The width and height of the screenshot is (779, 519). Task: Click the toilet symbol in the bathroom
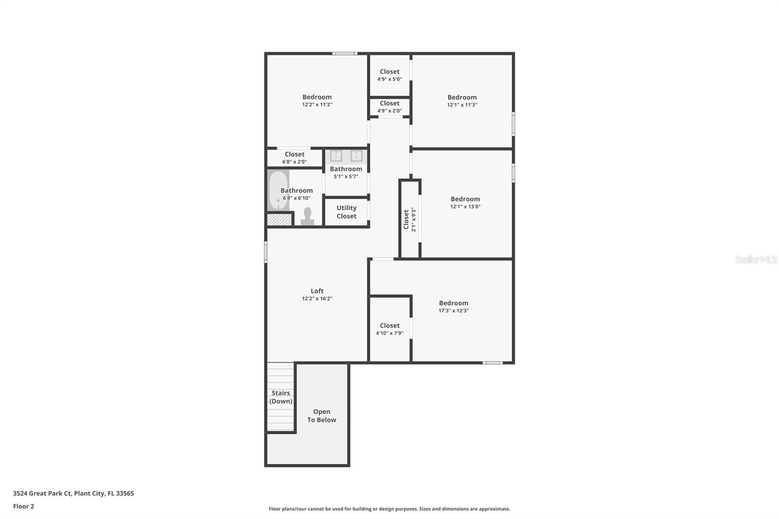(x=307, y=217)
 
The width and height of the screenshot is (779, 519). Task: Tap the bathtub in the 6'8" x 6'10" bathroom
(x=278, y=190)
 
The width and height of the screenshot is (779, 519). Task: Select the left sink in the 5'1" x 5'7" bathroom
(x=336, y=156)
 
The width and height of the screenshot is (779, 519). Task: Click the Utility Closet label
(x=346, y=212)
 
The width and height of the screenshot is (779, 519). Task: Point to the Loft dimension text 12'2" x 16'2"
(x=317, y=298)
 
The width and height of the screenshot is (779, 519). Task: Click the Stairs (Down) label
(x=281, y=397)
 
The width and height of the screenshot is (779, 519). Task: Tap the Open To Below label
(x=321, y=416)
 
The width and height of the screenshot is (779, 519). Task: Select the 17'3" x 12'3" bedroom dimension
(x=453, y=311)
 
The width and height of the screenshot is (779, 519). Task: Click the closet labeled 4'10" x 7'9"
(x=389, y=329)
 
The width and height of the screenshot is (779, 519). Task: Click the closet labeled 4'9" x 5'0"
(x=389, y=75)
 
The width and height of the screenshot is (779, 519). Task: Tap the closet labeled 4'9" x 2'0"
(x=389, y=107)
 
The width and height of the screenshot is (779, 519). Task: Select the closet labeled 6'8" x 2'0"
(x=295, y=158)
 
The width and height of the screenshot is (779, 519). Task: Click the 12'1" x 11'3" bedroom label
(x=462, y=101)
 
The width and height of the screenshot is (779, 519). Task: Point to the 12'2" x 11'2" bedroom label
(x=317, y=100)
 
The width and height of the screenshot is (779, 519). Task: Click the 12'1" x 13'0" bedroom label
(x=465, y=202)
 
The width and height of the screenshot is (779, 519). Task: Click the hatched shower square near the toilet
(x=279, y=220)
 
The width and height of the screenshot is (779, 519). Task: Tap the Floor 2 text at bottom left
(x=23, y=506)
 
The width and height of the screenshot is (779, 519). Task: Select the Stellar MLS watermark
(x=756, y=259)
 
